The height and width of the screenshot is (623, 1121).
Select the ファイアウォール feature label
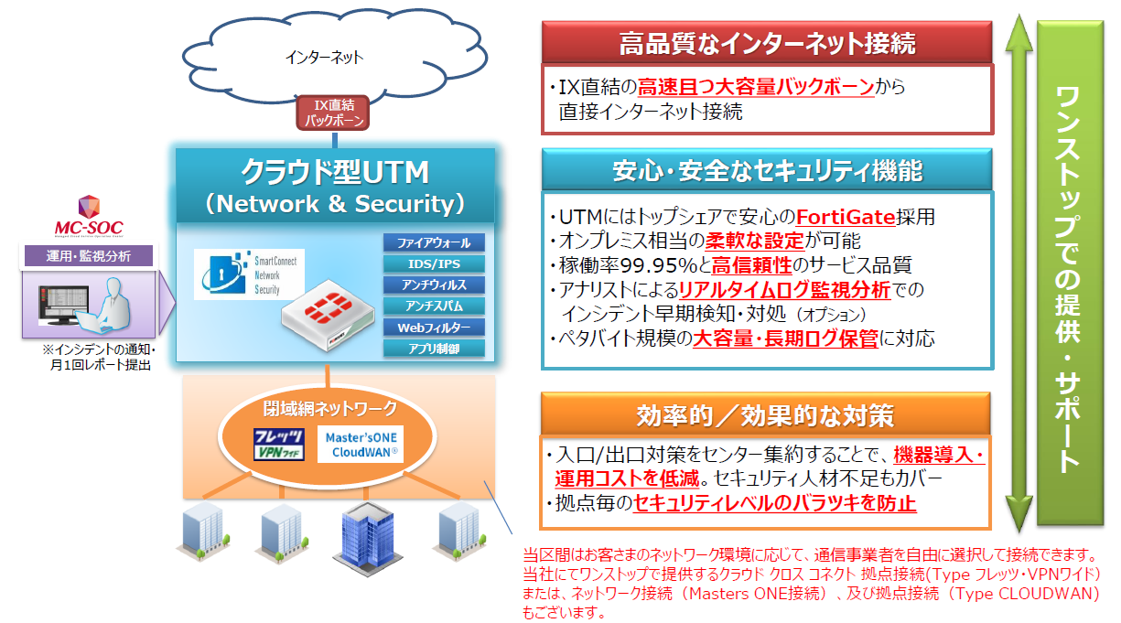click(434, 243)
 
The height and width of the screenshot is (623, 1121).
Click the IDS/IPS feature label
click(434, 264)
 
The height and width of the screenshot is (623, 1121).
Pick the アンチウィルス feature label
click(434, 285)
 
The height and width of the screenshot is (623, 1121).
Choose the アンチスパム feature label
click(434, 306)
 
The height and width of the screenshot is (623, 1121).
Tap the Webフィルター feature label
click(434, 328)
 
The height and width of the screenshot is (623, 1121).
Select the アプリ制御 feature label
click(434, 349)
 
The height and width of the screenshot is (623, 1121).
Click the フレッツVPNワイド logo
click(278, 444)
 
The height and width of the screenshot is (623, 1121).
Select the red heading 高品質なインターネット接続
click(767, 43)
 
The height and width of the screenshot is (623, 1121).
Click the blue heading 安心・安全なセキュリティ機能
click(767, 170)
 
